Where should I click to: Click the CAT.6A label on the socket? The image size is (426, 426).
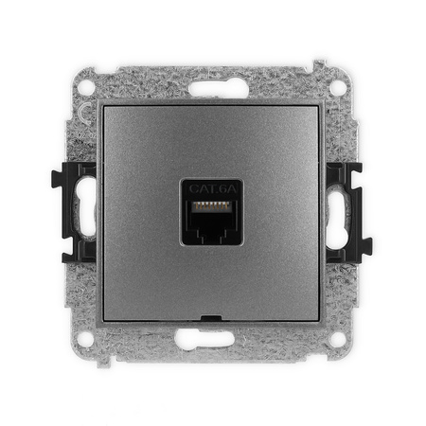click(212, 187)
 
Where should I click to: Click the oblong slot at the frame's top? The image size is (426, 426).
click(212, 91)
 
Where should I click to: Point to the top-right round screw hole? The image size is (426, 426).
click(337, 85)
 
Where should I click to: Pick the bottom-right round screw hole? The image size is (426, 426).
click(337, 338)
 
